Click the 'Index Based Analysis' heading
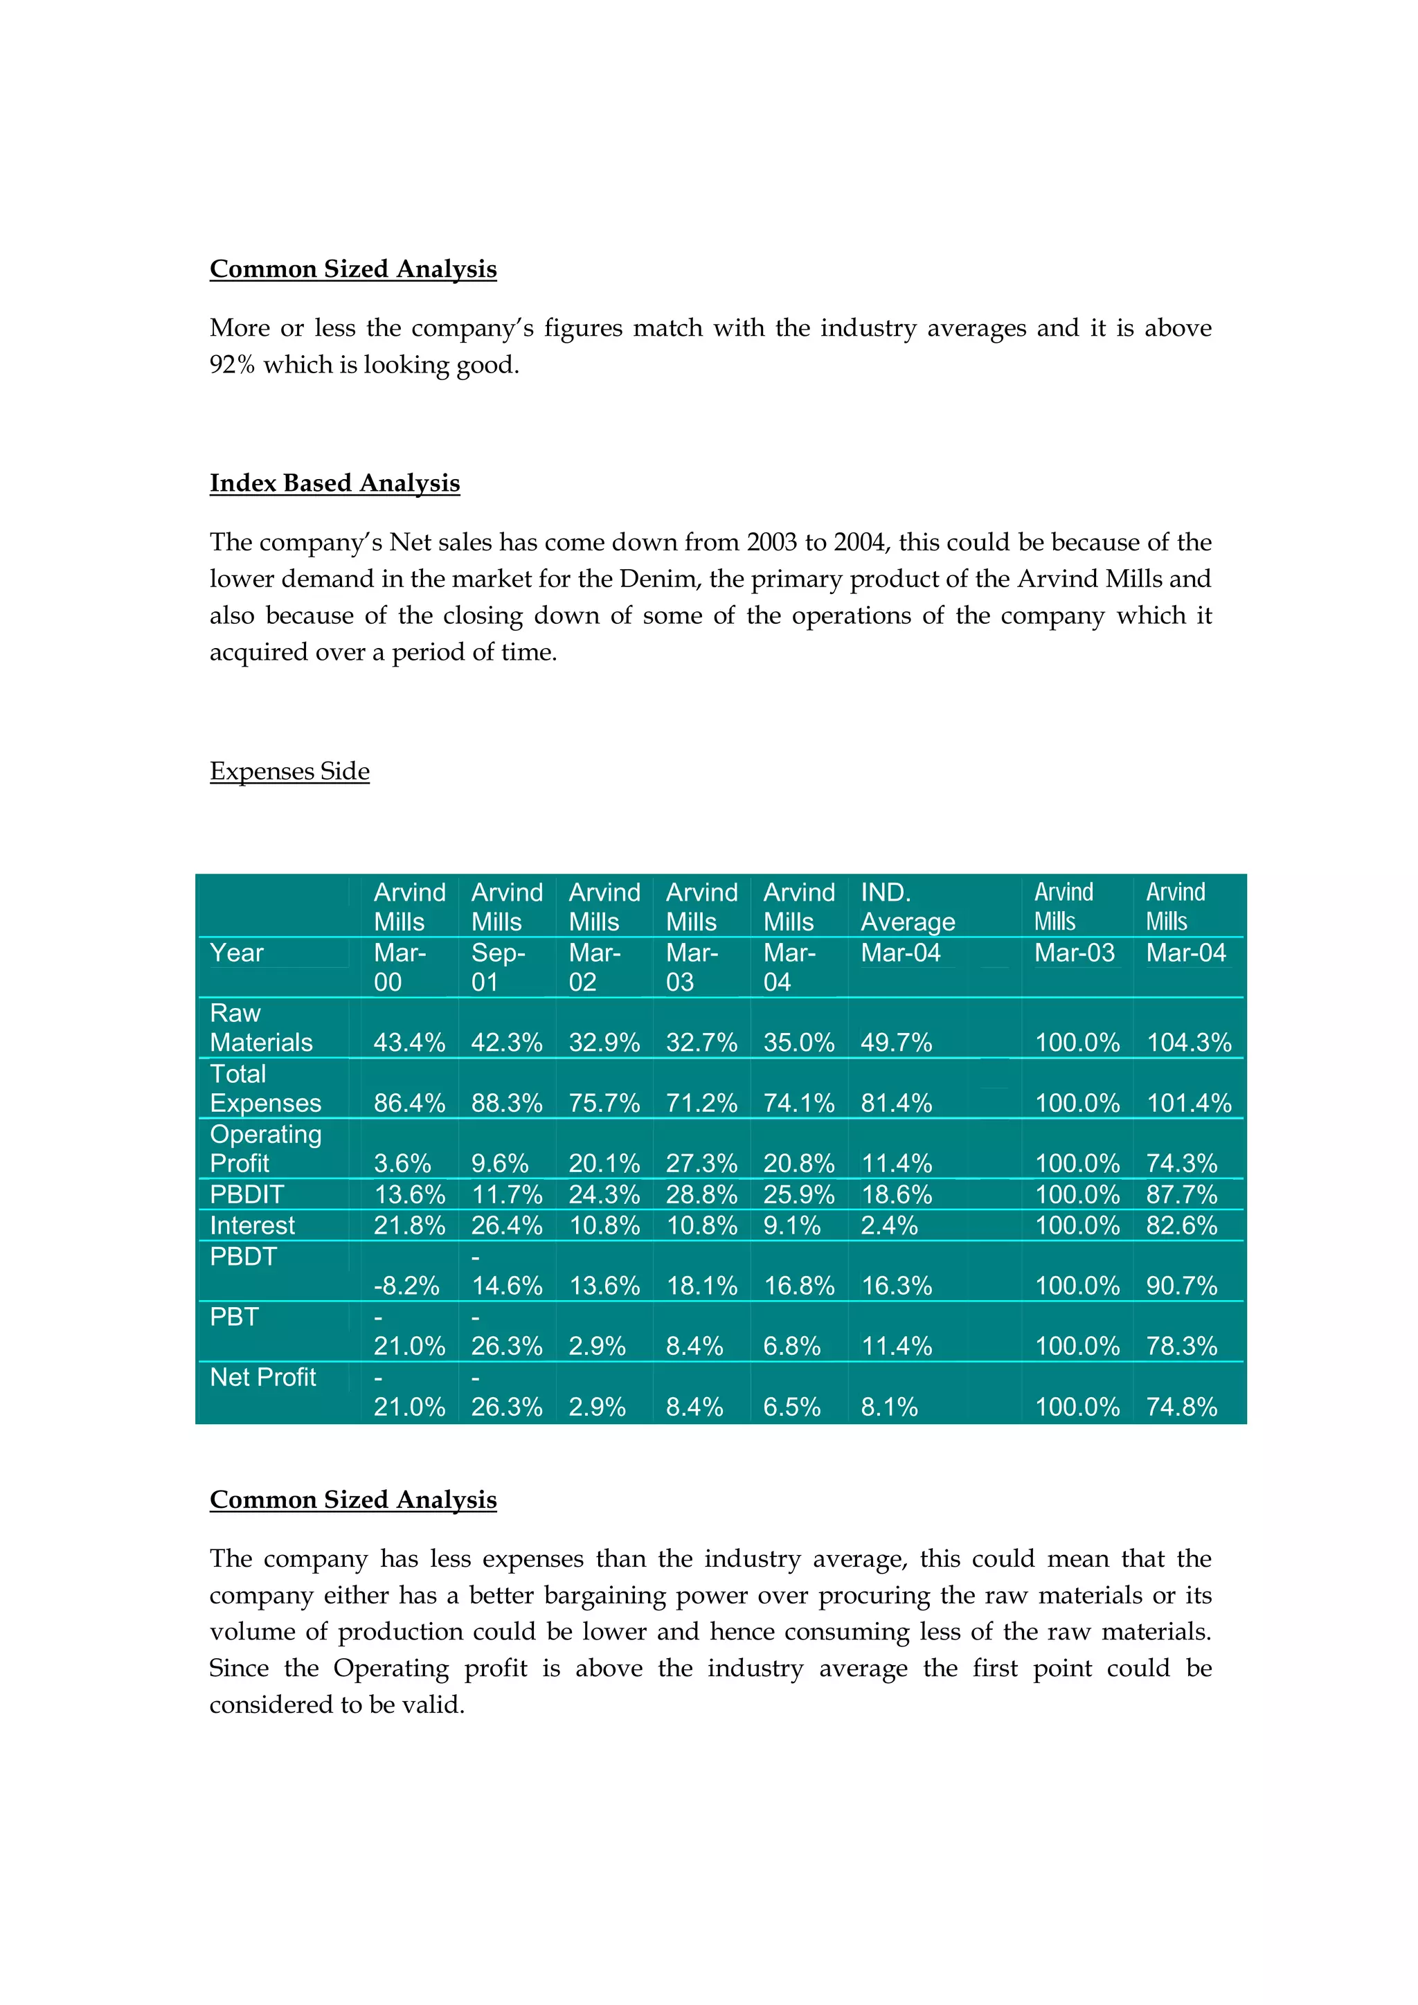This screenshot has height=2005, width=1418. tap(334, 483)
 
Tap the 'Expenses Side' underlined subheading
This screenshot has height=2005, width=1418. tap(289, 771)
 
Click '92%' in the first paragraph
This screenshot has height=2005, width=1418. tap(231, 364)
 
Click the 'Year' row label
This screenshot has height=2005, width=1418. tap(237, 953)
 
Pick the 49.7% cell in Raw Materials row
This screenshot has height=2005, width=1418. tap(896, 1042)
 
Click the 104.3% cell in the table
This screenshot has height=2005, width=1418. tap(1187, 1042)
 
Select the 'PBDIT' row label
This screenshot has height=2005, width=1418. tap(247, 1194)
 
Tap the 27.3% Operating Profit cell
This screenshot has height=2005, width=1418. tap(701, 1163)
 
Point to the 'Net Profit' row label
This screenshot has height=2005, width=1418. tap(263, 1377)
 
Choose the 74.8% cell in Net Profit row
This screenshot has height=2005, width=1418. tap(1181, 1407)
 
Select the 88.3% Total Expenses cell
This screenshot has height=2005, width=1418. tap(506, 1103)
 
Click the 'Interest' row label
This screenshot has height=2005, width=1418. tap(252, 1225)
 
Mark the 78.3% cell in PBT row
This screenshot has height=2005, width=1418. tap(1181, 1346)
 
